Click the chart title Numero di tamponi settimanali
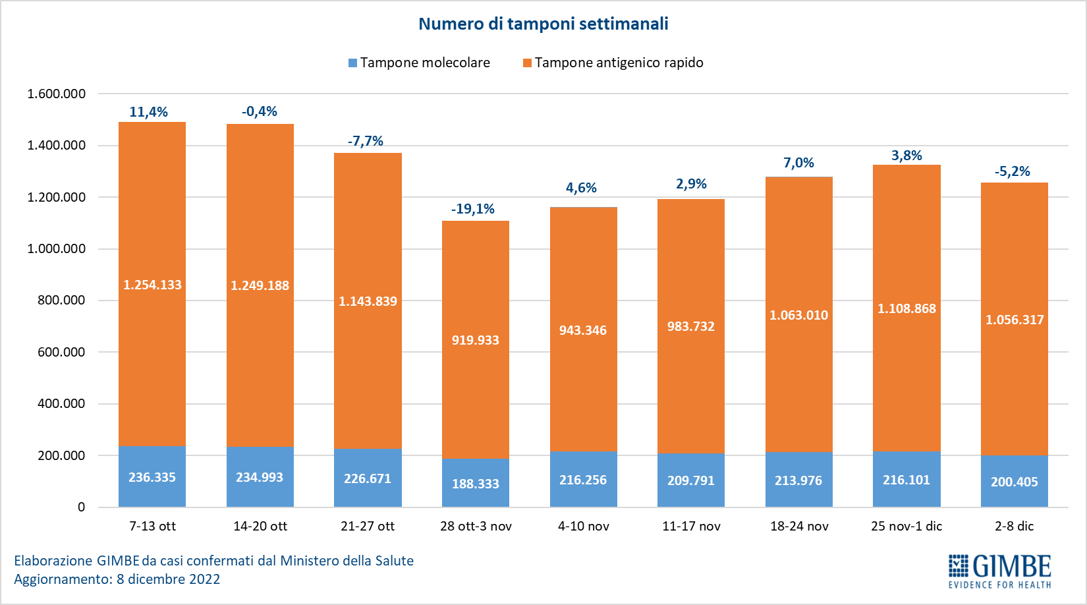click(543, 24)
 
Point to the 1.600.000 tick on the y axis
click(57, 94)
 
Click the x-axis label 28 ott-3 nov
click(476, 526)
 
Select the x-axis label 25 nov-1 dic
click(906, 526)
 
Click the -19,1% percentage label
click(472, 209)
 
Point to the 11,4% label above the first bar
click(148, 112)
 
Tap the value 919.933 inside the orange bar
click(475, 340)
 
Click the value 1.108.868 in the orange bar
click(906, 308)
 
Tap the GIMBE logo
click(999, 571)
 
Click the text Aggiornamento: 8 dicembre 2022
click(117, 579)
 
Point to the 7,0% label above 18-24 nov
click(798, 163)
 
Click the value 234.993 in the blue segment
click(260, 477)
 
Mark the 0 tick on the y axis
click(81, 507)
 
